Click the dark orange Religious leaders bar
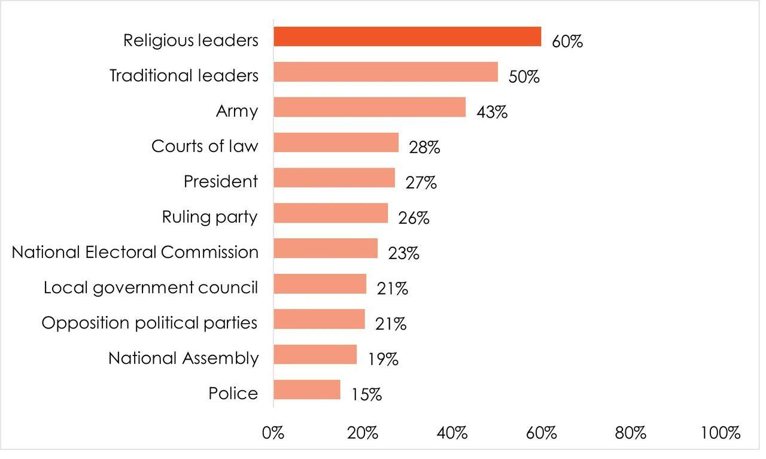[x=407, y=37]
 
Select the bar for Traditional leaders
[x=385, y=72]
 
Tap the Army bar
[x=369, y=108]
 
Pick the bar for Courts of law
[x=336, y=143]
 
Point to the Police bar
[x=306, y=390]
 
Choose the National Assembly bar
[x=315, y=355]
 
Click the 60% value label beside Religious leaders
[x=567, y=42]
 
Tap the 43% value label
[x=491, y=113]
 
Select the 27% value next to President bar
[x=421, y=183]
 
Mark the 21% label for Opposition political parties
[x=391, y=324]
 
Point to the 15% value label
[x=366, y=395]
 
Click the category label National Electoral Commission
[x=135, y=252]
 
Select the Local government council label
[x=151, y=287]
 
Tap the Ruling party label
[x=209, y=217]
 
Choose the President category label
[x=221, y=181]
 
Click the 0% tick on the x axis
[x=273, y=433]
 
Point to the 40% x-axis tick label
[x=452, y=433]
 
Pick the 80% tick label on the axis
[x=631, y=433]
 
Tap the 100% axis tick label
[x=721, y=433]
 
